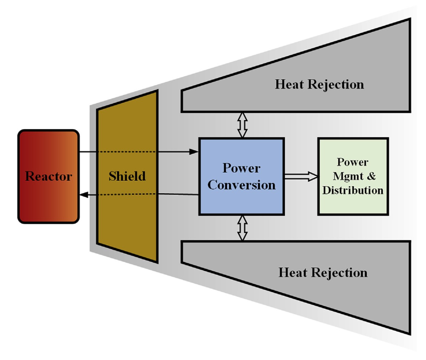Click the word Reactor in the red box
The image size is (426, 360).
pos(48,176)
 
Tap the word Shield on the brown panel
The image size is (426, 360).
pos(127,176)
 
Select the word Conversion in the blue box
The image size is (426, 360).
pos(241,185)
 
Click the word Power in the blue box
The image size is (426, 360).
pos(241,168)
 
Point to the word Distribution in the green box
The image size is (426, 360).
pos(353,190)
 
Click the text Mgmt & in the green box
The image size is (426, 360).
pos(354,176)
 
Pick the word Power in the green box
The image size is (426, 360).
pos(352,162)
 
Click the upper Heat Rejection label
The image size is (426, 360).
pos(319,84)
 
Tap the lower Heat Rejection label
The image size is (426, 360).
pos(323,273)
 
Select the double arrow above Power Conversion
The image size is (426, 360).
pos(242,125)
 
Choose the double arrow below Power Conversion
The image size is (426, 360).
pos(242,228)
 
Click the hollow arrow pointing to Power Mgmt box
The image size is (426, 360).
pos(301,176)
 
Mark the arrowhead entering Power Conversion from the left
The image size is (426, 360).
pos(194,152)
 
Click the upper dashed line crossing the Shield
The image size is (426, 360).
pos(127,152)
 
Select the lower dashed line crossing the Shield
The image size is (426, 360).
pos(127,195)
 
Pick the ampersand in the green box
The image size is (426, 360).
pos(372,176)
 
